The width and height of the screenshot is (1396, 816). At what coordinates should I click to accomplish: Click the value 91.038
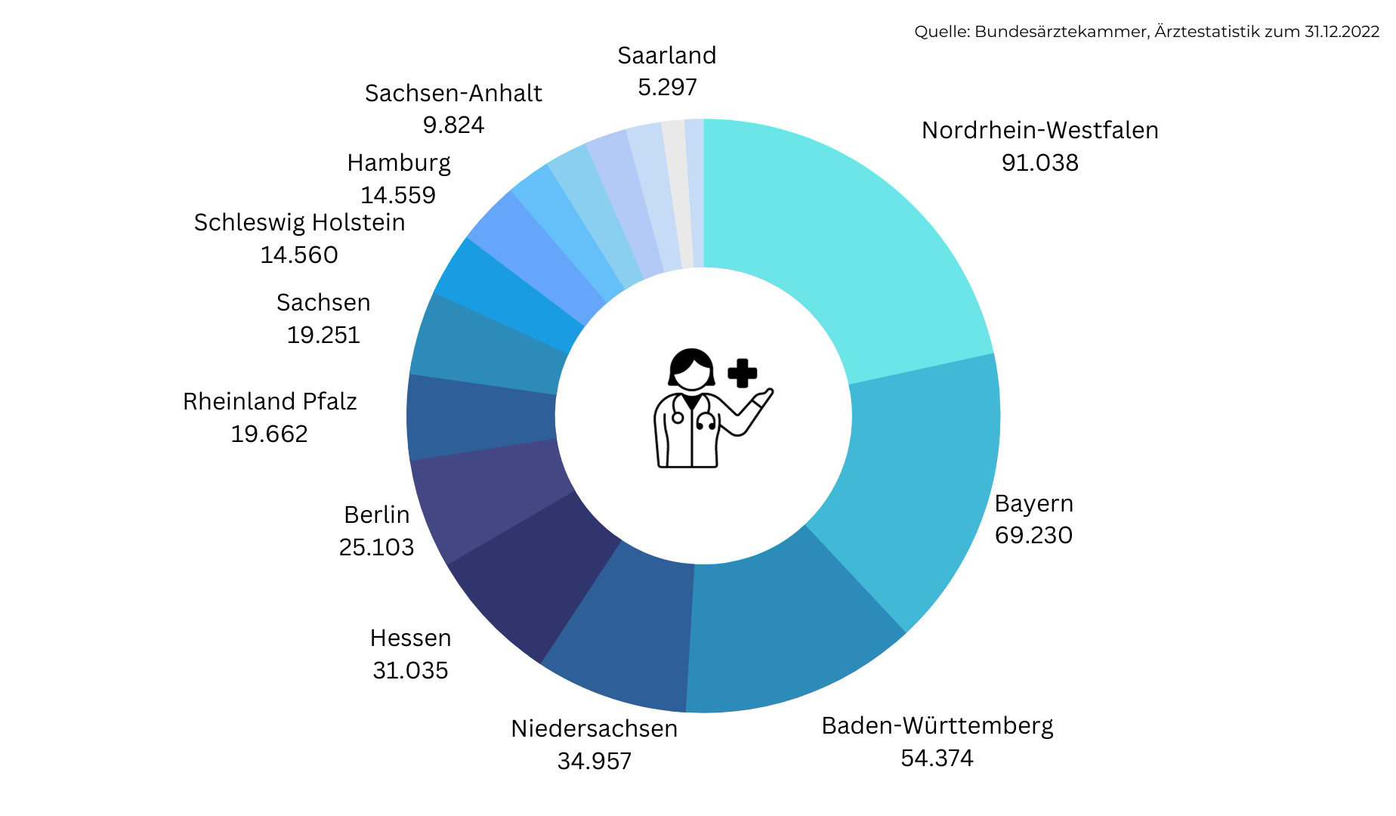[x=1039, y=162]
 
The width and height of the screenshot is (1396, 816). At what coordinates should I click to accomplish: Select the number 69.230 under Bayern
[x=1033, y=535]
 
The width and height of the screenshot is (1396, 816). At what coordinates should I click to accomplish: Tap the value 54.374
[x=937, y=758]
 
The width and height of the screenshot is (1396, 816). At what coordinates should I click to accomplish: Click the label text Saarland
[x=666, y=55]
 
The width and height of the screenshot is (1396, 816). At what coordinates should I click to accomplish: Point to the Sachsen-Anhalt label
[x=453, y=93]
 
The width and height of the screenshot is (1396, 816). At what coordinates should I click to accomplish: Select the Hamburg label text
[x=399, y=162]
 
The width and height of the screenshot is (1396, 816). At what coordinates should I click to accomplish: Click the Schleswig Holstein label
[x=299, y=222]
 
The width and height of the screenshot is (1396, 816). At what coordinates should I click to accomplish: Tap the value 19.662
[x=269, y=434]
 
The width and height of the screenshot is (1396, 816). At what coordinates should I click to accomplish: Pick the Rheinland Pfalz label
[x=270, y=401]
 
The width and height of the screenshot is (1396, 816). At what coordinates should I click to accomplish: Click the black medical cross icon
[x=742, y=373]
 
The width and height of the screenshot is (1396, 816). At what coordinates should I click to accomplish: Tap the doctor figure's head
[x=690, y=369]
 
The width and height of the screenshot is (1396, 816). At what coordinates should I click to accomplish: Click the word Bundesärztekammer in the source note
[x=1061, y=32]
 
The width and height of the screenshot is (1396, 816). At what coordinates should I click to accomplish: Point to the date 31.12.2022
[x=1342, y=32]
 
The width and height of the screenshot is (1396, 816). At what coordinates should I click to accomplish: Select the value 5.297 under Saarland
[x=667, y=87]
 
